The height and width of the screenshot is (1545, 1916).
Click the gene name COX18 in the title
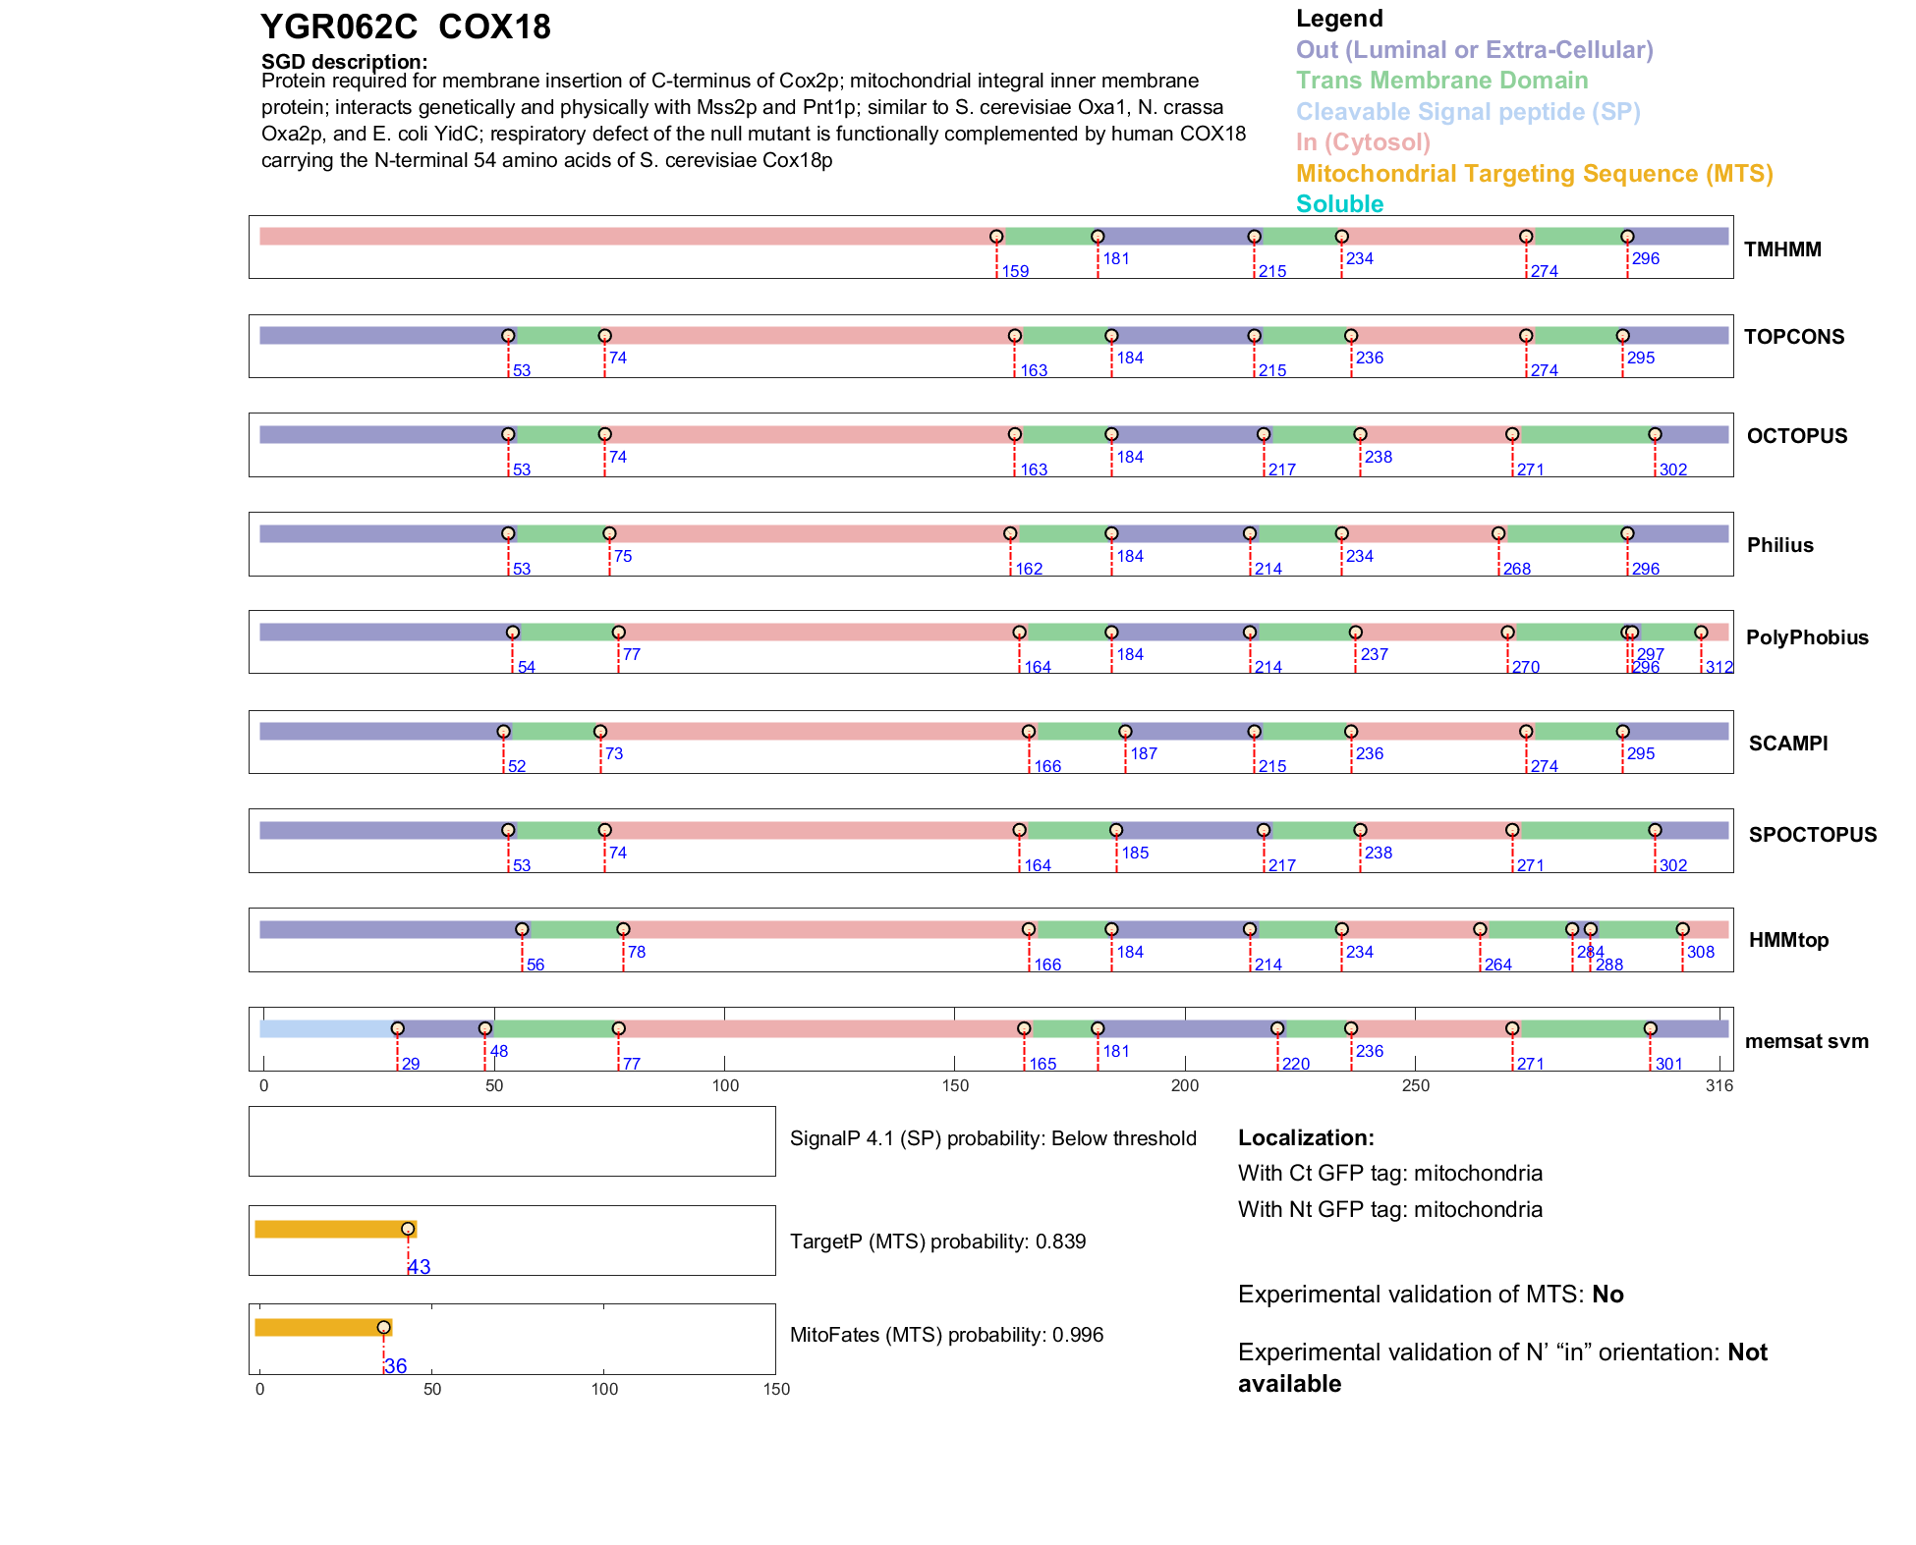click(494, 28)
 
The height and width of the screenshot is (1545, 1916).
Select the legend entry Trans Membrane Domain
click(1441, 81)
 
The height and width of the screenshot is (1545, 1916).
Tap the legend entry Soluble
click(1339, 204)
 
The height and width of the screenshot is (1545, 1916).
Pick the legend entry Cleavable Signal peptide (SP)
click(1468, 112)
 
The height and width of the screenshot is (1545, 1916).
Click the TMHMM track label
click(1782, 249)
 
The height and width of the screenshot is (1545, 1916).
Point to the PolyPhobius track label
click(1807, 637)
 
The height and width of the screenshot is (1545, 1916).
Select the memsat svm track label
click(1806, 1041)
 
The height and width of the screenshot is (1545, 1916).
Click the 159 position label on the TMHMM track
click(1015, 272)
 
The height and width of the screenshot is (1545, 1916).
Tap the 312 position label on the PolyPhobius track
click(1719, 668)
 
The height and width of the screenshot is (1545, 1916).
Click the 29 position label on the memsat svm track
click(411, 1065)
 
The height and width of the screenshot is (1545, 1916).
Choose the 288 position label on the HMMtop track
click(1609, 966)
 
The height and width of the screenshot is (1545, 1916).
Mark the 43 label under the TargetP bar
click(420, 1267)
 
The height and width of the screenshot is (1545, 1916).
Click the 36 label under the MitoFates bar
click(395, 1366)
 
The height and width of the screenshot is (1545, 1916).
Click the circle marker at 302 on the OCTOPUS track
click(1655, 434)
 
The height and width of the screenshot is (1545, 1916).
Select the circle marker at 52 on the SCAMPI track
click(503, 732)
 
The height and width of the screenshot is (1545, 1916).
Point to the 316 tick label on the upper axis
click(1719, 1086)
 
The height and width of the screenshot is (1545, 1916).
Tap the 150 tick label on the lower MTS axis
click(776, 1390)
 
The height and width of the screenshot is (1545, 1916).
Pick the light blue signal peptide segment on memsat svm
click(327, 1028)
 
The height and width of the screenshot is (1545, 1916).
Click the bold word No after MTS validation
click(1607, 1295)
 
